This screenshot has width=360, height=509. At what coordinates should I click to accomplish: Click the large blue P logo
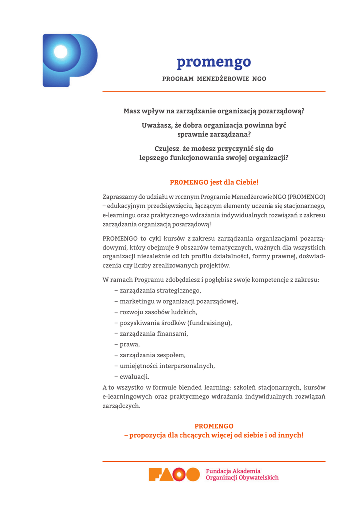[70, 60]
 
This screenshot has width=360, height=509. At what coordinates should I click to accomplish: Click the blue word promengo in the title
[214, 62]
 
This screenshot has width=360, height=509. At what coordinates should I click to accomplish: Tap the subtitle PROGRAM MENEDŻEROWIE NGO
[214, 79]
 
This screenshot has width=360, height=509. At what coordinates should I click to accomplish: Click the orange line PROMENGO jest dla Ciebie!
[214, 182]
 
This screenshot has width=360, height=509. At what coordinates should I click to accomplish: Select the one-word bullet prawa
[130, 344]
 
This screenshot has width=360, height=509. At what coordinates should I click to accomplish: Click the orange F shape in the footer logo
[156, 475]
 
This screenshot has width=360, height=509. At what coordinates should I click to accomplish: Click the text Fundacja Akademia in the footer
[233, 471]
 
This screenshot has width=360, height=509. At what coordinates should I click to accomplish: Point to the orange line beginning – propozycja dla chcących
[214, 435]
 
